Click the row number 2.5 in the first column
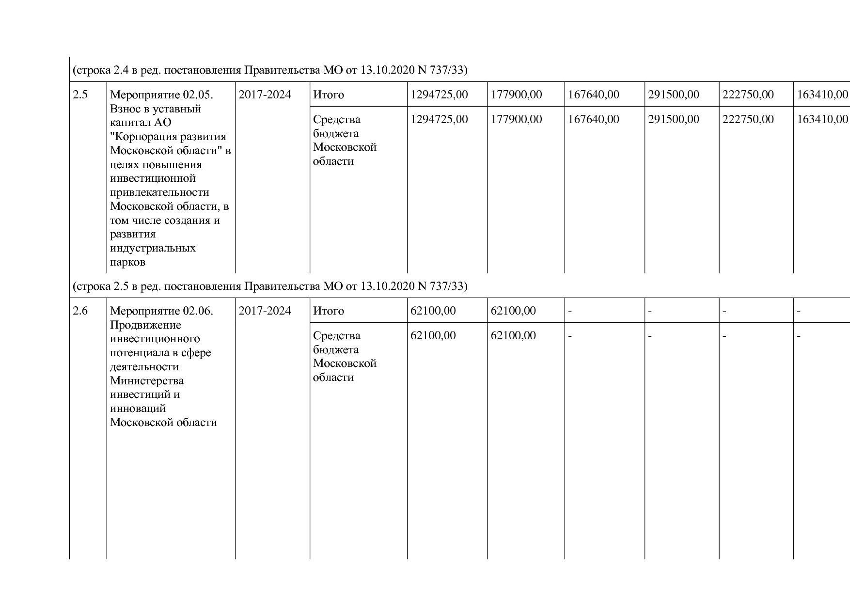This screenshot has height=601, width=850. pyautogui.click(x=80, y=95)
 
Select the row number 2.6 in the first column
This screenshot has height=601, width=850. pyautogui.click(x=80, y=311)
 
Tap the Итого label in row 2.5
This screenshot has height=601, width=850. pyautogui.click(x=329, y=95)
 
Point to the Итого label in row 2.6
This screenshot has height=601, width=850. pyautogui.click(x=329, y=311)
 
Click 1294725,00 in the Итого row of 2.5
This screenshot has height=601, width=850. pyautogui.click(x=439, y=95)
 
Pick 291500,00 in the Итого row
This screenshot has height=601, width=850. pyautogui.click(x=674, y=95)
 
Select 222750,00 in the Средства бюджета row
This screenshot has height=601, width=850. pyautogui.click(x=748, y=119)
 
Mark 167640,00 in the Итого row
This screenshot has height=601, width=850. pyautogui.click(x=593, y=95)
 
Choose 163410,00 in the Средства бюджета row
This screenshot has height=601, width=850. pyautogui.click(x=822, y=119)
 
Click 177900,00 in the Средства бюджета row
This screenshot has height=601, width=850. pyautogui.click(x=516, y=119)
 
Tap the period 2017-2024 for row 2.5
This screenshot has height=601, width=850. pyautogui.click(x=265, y=95)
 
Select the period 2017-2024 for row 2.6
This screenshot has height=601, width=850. pyautogui.click(x=265, y=311)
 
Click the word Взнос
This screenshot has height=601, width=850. pyautogui.click(x=125, y=109)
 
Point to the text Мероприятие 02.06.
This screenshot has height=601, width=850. pyautogui.click(x=161, y=311)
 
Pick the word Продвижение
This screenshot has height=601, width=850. pyautogui.click(x=145, y=325)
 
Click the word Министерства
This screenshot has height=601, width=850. pyautogui.click(x=147, y=380)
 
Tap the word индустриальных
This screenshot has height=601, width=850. pyautogui.click(x=153, y=248)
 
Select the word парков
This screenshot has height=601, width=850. pyautogui.click(x=127, y=262)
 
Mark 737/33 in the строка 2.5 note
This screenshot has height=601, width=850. pyautogui.click(x=448, y=286)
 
